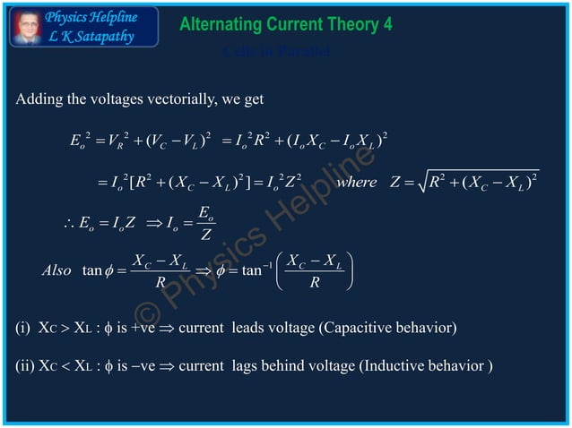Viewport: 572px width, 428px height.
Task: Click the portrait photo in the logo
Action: [27, 26]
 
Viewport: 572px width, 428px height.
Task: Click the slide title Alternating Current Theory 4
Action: [286, 24]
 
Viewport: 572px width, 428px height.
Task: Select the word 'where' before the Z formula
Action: [356, 184]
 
